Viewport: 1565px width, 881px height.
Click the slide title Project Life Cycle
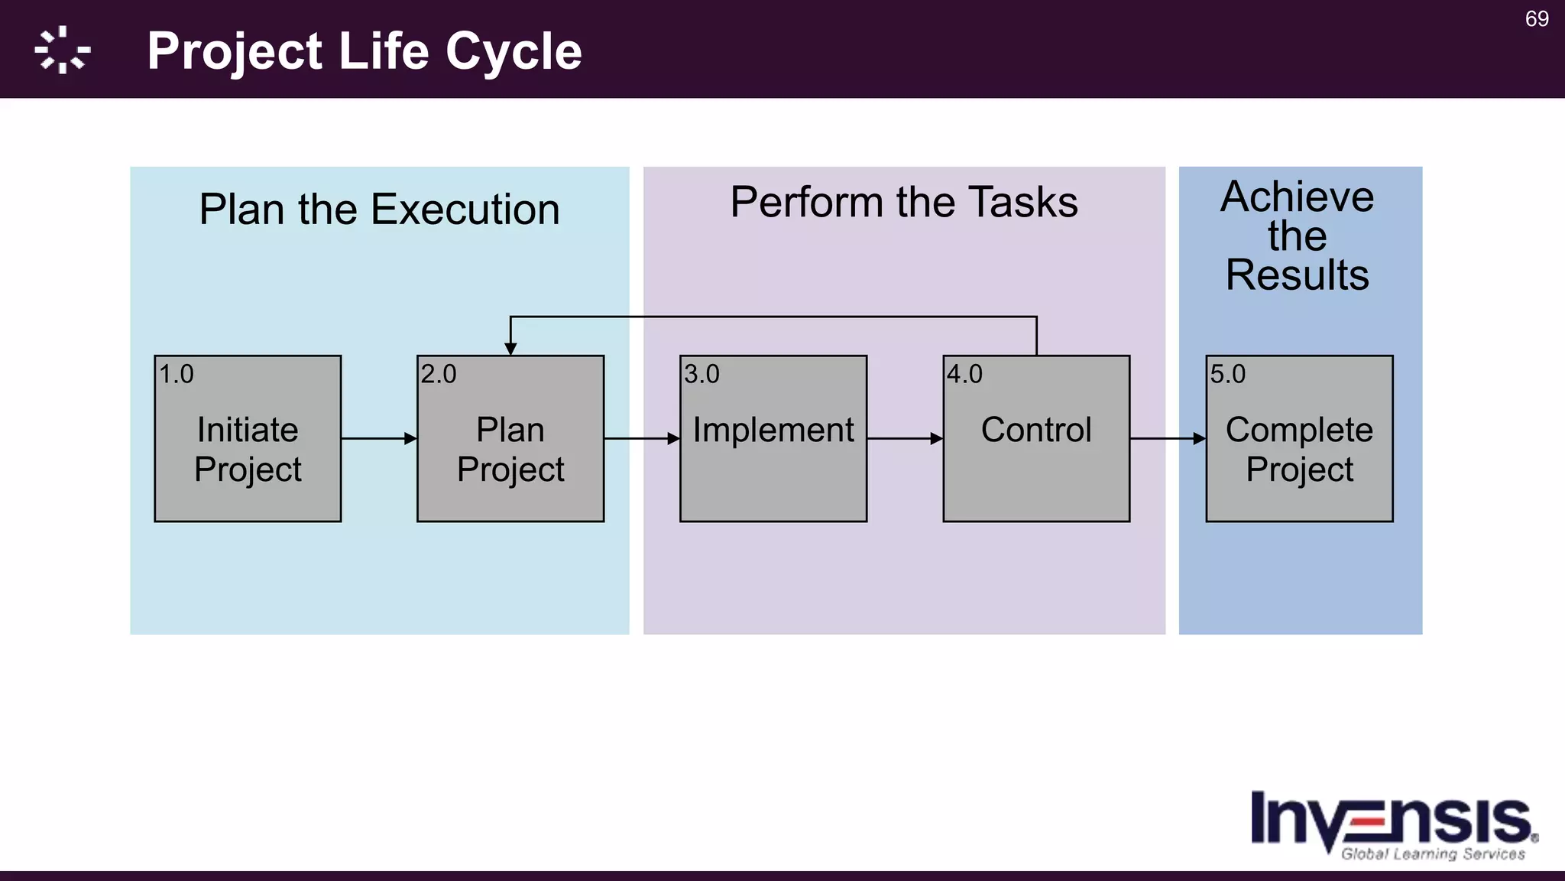click(x=364, y=51)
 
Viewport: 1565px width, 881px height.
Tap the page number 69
click(x=1536, y=19)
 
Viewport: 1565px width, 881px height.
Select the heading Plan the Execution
click(x=379, y=210)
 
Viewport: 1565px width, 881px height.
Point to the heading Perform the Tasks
click(x=903, y=203)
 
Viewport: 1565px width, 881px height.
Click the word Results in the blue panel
click(x=1297, y=275)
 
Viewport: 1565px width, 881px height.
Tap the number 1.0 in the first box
click(x=176, y=375)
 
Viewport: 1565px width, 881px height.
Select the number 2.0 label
click(x=439, y=375)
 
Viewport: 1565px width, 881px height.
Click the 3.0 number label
click(x=701, y=375)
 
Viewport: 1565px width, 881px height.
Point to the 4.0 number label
click(x=964, y=375)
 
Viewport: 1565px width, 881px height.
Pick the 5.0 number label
click(x=1227, y=375)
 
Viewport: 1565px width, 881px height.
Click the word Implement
click(x=773, y=430)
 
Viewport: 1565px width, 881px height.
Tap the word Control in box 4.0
click(x=1036, y=430)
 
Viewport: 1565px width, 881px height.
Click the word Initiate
click(x=248, y=430)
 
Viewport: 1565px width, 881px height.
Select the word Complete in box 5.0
click(x=1299, y=430)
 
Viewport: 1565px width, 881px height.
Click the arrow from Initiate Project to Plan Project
click(x=379, y=439)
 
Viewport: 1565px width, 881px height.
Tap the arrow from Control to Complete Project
click(x=1168, y=439)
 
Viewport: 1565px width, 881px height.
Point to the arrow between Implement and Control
click(x=905, y=439)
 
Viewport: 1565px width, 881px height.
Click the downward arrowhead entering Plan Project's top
click(x=510, y=349)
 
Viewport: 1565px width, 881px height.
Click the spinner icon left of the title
click(x=63, y=50)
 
